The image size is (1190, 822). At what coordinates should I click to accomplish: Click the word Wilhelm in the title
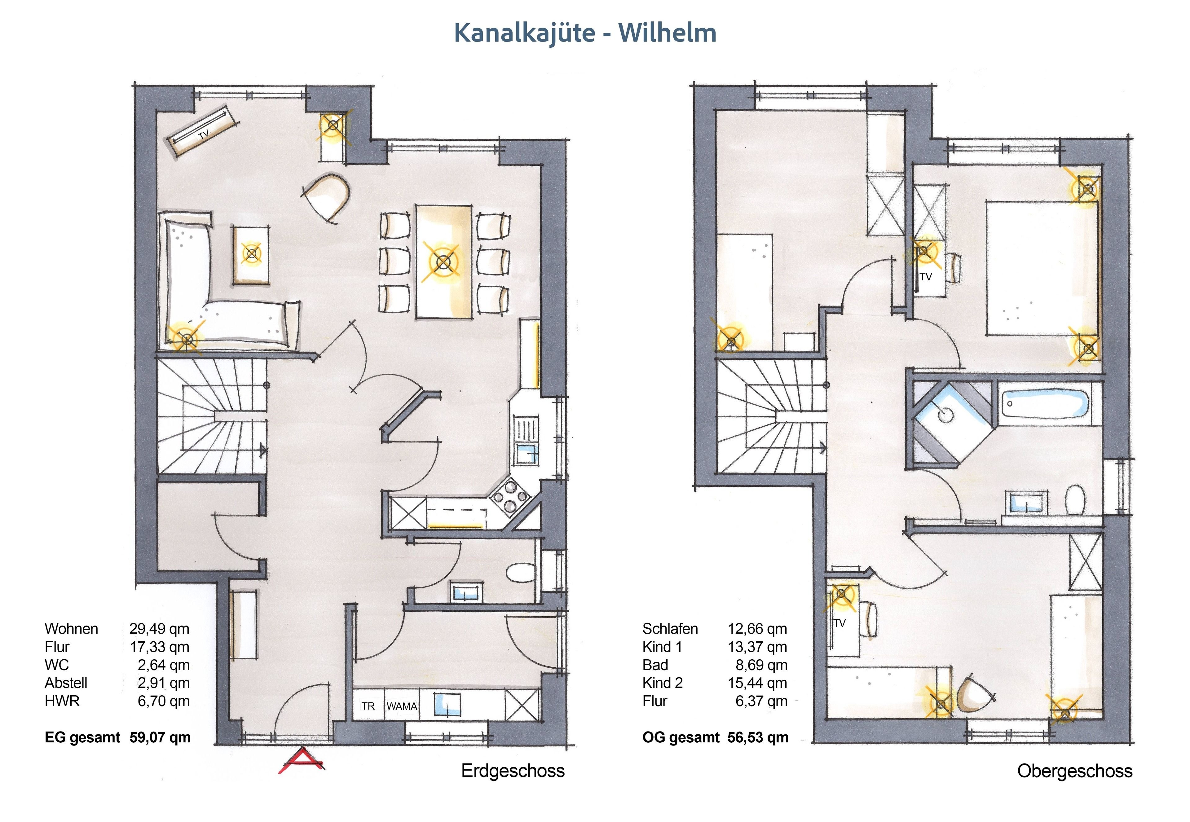pyautogui.click(x=667, y=33)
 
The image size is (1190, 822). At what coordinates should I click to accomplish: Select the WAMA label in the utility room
pyautogui.click(x=402, y=706)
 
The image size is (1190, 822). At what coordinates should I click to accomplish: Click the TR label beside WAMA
pyautogui.click(x=368, y=706)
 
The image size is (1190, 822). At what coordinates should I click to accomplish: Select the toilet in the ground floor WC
pyautogui.click(x=521, y=573)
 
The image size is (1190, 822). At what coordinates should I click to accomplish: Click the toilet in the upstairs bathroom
pyautogui.click(x=1075, y=499)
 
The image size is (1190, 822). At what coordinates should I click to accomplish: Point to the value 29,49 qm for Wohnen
pyautogui.click(x=159, y=629)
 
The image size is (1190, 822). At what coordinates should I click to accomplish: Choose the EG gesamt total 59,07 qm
pyautogui.click(x=160, y=737)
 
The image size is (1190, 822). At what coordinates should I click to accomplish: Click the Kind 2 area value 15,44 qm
pyautogui.click(x=757, y=683)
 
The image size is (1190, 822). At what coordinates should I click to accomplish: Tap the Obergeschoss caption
pyautogui.click(x=1075, y=771)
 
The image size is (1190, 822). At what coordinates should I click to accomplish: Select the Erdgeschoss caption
pyautogui.click(x=513, y=771)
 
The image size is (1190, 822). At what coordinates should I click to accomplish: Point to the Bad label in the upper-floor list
pyautogui.click(x=655, y=665)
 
